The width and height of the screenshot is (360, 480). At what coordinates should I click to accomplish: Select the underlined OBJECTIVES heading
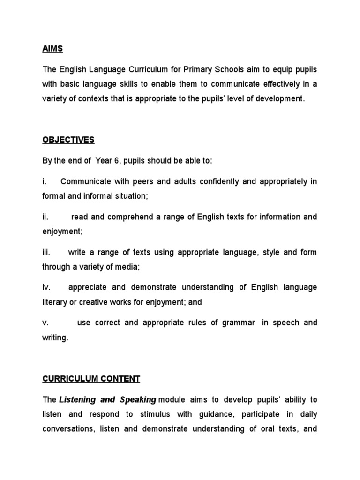click(68, 140)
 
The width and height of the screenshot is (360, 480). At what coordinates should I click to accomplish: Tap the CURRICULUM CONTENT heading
click(91, 378)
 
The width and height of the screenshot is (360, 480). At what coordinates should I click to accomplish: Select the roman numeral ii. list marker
click(45, 217)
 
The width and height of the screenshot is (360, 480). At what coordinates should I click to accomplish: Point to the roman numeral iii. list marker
click(46, 252)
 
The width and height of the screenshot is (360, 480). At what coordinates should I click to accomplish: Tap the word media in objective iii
click(127, 267)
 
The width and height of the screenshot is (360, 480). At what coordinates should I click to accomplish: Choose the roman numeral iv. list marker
click(46, 287)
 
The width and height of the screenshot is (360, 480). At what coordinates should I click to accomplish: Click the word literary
click(55, 302)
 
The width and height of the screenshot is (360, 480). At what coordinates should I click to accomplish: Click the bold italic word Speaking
click(139, 399)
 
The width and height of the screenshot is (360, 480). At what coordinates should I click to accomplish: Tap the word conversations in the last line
click(68, 429)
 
